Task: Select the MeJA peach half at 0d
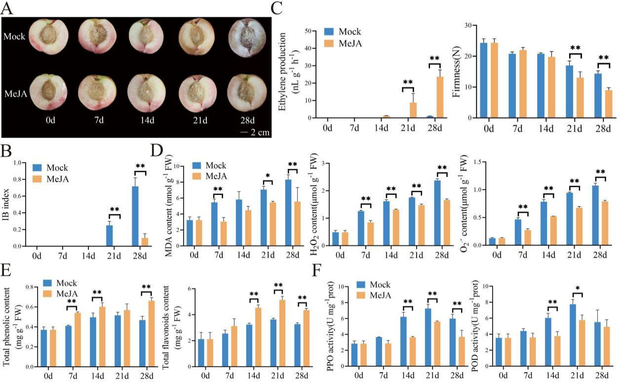point(48,93)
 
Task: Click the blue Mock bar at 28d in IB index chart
point(135,216)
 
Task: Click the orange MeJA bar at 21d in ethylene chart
point(413,110)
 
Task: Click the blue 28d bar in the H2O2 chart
point(437,213)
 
